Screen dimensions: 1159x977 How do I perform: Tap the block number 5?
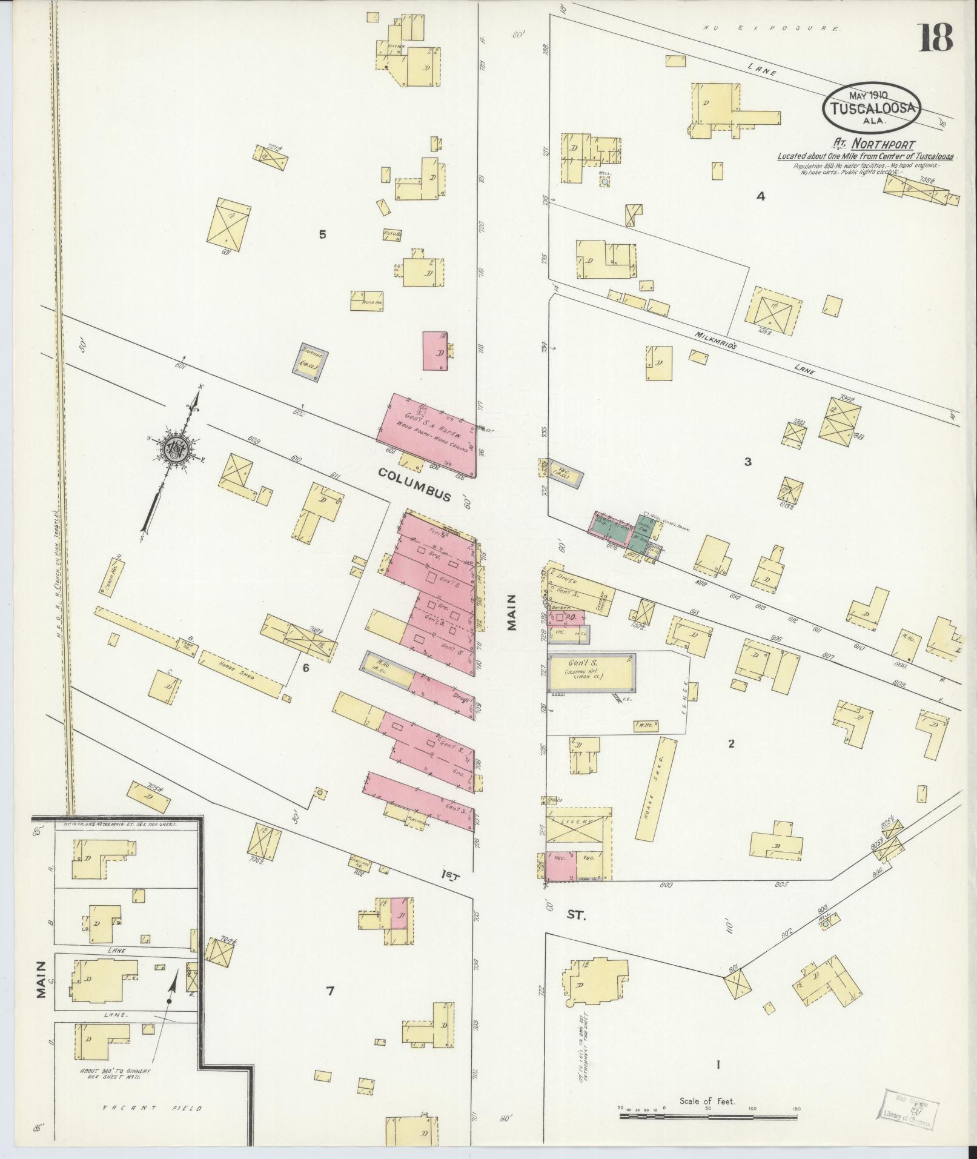tap(322, 234)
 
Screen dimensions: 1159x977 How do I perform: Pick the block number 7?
tap(330, 991)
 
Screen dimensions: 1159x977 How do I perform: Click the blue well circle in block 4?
tap(604, 181)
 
